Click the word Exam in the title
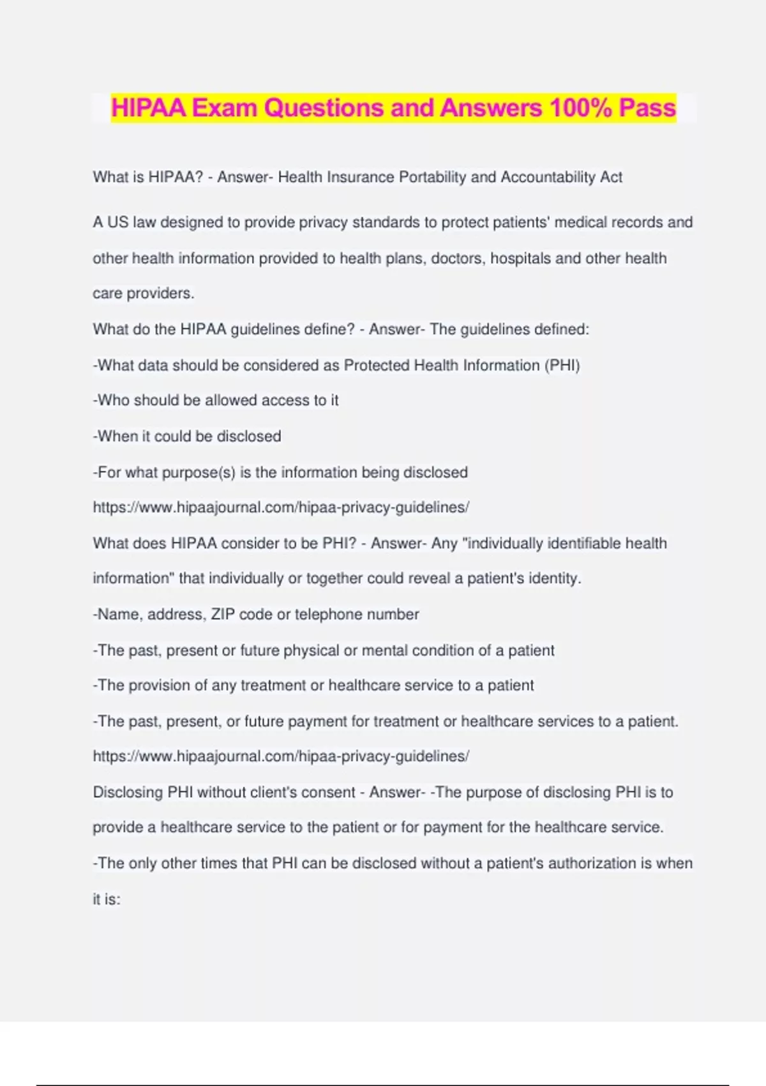(x=225, y=108)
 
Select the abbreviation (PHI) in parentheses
(x=562, y=365)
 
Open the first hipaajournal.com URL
(x=281, y=508)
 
